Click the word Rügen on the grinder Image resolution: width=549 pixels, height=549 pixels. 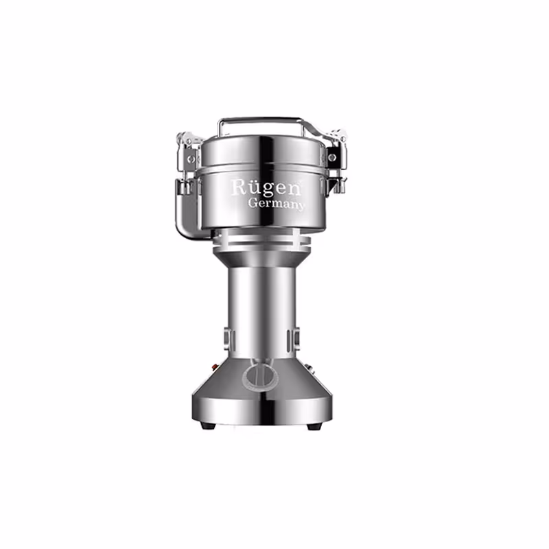[255, 187]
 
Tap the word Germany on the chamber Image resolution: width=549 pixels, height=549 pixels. [277, 204]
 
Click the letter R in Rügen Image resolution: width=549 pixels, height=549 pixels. [237, 187]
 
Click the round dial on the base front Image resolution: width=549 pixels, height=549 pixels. [257, 375]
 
